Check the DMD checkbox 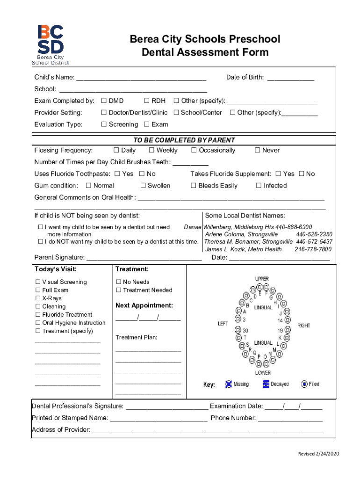104,101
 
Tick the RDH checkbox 147,101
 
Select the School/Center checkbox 176,113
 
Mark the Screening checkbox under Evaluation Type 104,124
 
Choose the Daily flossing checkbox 116,151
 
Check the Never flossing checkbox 257,151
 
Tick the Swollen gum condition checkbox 143,186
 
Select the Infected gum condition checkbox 259,186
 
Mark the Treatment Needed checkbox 119,290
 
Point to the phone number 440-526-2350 314,234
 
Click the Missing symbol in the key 229,384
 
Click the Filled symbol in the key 304,384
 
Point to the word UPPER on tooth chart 262,279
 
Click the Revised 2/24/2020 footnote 319,454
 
